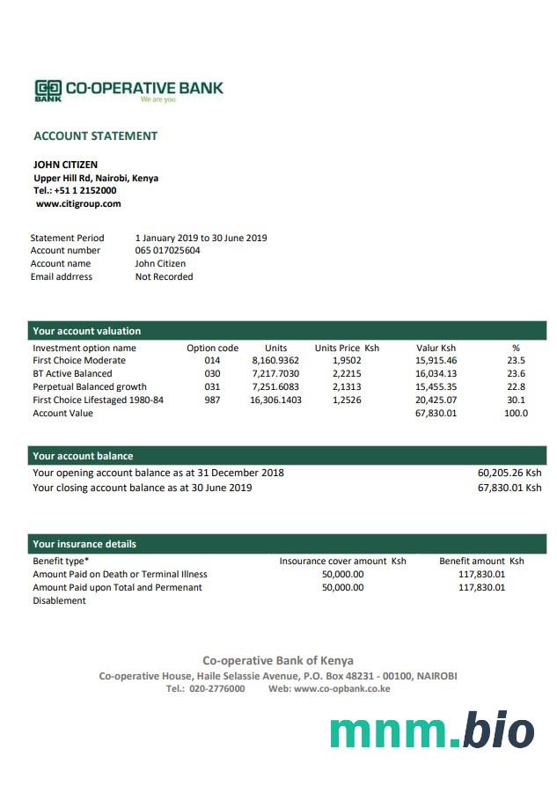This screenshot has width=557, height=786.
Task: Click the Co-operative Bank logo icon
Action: (48, 89)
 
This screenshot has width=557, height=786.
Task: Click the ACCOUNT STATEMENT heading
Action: (95, 136)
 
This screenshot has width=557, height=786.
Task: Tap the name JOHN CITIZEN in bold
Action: (65, 165)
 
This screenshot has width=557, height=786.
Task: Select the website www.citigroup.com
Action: (78, 203)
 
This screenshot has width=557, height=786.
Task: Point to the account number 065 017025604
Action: (167, 250)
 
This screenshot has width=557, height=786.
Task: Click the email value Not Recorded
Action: (164, 276)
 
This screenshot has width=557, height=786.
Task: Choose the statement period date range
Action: (201, 238)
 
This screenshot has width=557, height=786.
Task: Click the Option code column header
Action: (212, 348)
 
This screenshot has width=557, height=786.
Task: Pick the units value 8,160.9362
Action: (275, 360)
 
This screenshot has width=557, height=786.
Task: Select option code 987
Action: (212, 400)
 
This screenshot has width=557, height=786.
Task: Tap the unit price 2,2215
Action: (347, 373)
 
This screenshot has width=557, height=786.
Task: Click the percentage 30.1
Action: (516, 400)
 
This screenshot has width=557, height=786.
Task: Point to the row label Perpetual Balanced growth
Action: (90, 386)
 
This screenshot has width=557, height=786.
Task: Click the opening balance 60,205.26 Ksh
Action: (509, 473)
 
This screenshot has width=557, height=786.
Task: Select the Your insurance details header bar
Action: (287, 544)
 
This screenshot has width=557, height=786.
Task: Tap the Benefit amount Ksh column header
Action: (481, 561)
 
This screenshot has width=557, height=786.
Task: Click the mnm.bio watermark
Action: (432, 731)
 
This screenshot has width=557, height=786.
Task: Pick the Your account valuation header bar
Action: (287, 331)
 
